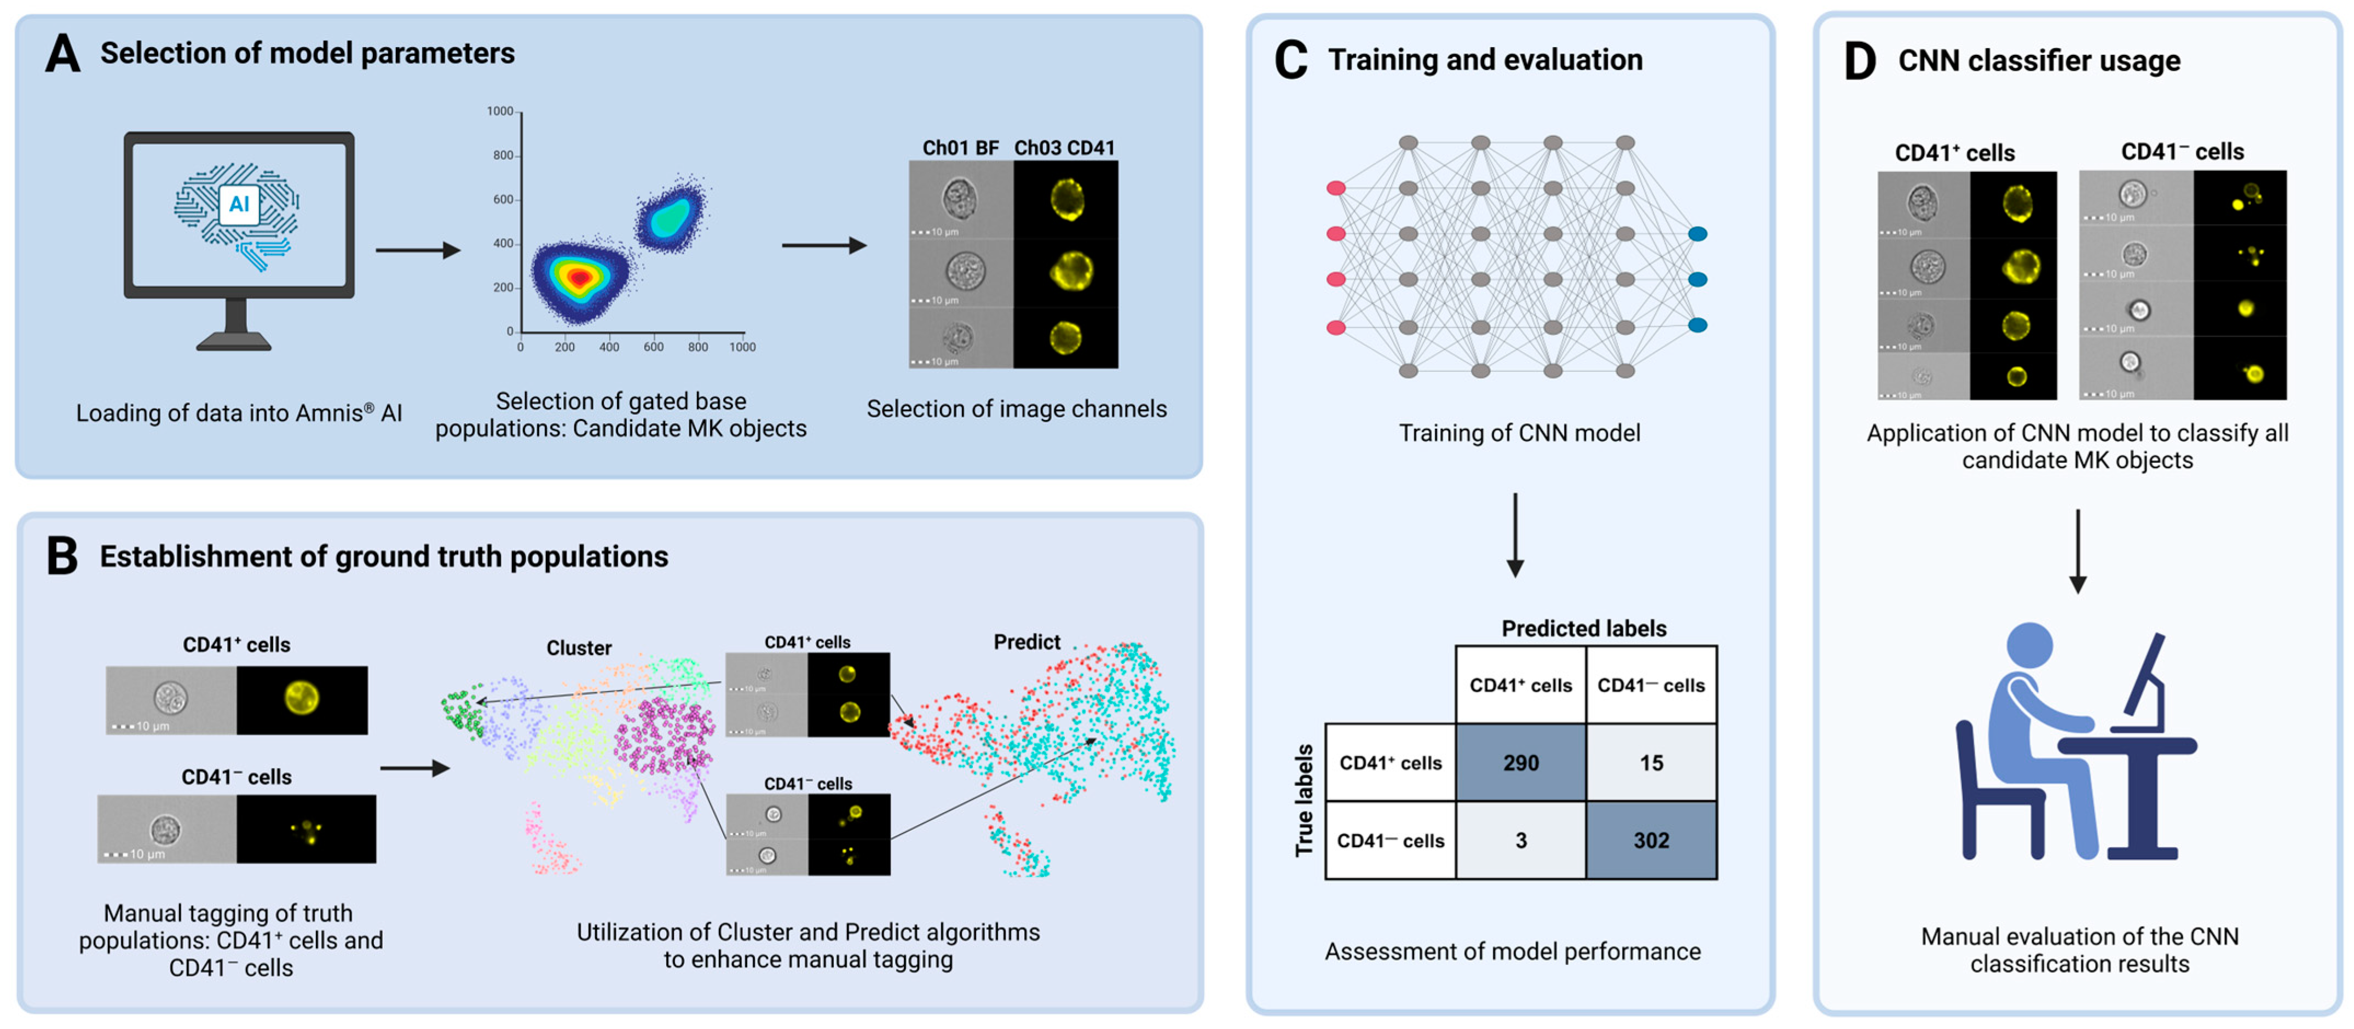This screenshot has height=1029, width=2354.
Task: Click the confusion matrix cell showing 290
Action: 1521,762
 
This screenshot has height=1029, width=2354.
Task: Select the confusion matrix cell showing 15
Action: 1651,762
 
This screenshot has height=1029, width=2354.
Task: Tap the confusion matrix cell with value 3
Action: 1521,840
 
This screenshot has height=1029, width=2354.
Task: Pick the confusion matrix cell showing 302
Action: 1651,840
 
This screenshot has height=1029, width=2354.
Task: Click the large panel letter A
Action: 62,53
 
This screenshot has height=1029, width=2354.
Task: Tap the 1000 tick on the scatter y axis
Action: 500,112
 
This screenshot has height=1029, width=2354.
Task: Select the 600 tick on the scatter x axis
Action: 654,347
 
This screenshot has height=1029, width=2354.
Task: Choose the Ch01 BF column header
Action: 960,147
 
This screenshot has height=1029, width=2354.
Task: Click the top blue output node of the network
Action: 1697,234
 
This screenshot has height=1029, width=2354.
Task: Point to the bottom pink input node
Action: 1335,327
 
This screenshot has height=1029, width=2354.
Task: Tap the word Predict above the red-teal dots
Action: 1026,641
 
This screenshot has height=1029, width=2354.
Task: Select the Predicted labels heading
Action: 1584,629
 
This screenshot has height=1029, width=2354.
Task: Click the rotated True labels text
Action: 1304,801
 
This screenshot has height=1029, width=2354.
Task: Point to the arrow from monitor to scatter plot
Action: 418,250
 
